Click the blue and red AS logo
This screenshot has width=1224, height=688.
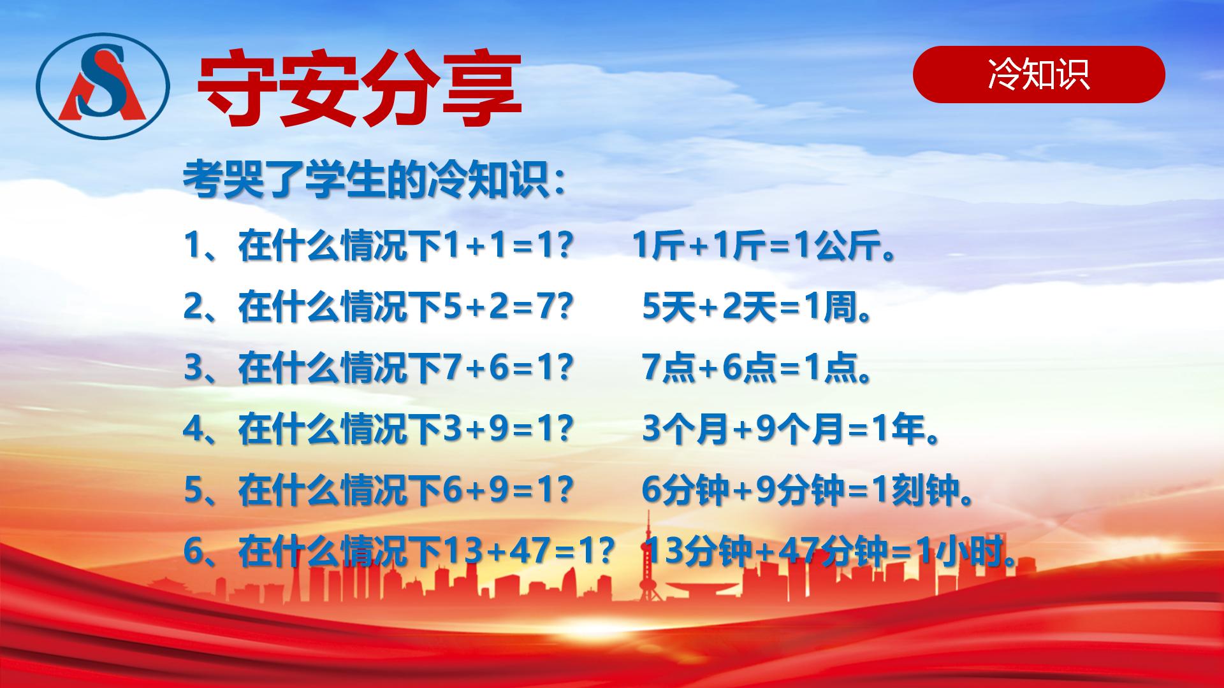click(x=102, y=86)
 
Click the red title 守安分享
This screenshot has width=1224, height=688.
click(x=359, y=90)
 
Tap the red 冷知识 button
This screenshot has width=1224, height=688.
click(x=1039, y=75)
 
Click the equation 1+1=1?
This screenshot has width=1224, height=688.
click(x=508, y=245)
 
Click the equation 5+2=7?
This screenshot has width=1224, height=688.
click(x=508, y=306)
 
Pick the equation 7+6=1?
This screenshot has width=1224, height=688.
click(x=508, y=368)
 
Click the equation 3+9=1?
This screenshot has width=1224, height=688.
click(x=508, y=429)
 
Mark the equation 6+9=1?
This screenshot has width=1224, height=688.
click(x=508, y=490)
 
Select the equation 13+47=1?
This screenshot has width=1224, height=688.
click(x=529, y=551)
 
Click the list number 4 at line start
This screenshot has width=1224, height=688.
click(x=193, y=429)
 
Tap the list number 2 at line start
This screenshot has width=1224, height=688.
click(x=193, y=307)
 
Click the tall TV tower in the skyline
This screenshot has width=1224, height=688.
click(x=648, y=554)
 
